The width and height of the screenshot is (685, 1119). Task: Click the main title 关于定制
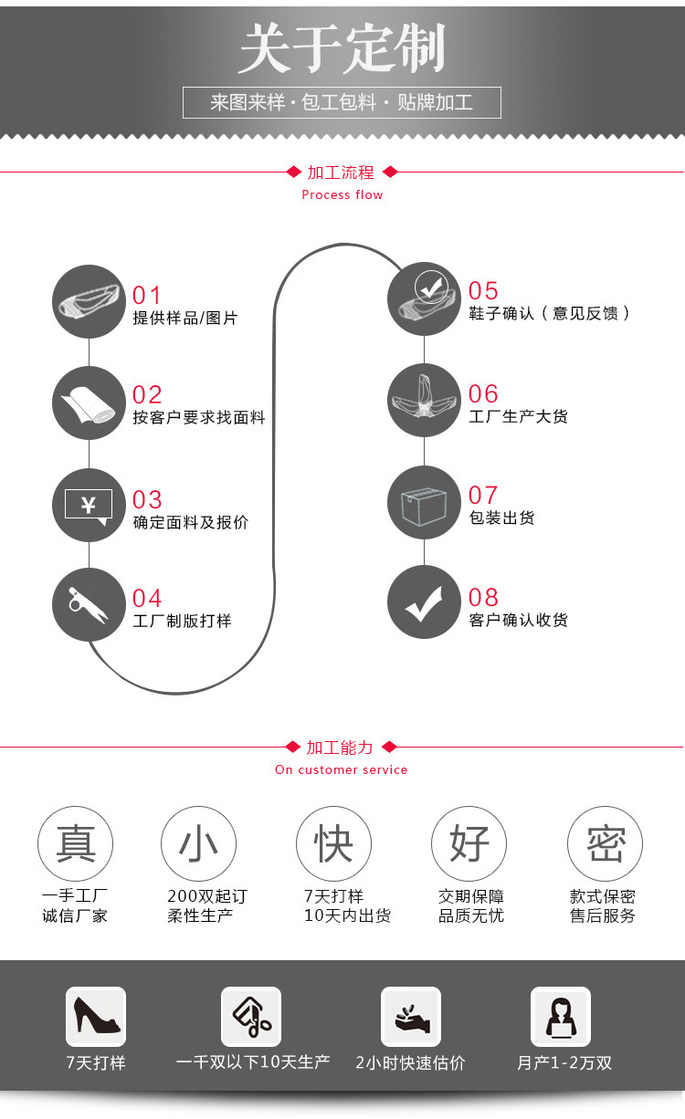[342, 49]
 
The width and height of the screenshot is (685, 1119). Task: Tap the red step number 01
[147, 296]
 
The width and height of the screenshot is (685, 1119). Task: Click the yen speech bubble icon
[89, 506]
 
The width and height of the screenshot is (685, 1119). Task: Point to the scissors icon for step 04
[89, 604]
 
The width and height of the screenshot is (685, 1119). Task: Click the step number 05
[483, 291]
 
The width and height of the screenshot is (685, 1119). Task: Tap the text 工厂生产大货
[518, 416]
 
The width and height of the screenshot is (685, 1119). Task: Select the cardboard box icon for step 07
[424, 503]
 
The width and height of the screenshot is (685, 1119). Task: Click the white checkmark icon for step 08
[424, 602]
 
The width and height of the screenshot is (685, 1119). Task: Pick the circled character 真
[76, 843]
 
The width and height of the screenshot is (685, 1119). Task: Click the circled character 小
[198, 843]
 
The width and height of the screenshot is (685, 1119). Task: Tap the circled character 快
[333, 843]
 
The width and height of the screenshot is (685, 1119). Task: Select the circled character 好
[469, 843]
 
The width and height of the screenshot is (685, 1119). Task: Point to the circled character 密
[605, 843]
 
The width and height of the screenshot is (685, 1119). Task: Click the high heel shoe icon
[96, 1016]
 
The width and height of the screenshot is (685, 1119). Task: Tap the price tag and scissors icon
[251, 1016]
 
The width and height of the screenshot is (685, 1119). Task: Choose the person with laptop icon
[561, 1016]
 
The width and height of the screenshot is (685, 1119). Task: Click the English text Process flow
[342, 194]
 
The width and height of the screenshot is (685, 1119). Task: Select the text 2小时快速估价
[410, 1062]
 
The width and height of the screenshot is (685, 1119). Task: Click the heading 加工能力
[340, 748]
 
